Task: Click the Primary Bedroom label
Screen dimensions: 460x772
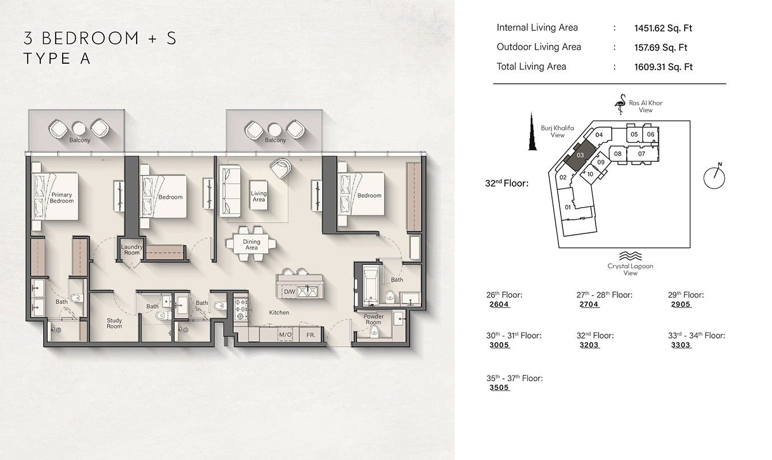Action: point(61,198)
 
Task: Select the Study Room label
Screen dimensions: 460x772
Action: point(114,323)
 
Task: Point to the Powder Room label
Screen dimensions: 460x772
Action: point(373,319)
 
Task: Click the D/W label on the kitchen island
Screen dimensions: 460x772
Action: point(289,292)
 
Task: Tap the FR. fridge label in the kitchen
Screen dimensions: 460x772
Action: point(310,335)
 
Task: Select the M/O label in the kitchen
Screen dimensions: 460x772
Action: point(285,335)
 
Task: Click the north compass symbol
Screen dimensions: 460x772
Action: point(714,176)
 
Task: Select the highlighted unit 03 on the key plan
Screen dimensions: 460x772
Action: point(580,155)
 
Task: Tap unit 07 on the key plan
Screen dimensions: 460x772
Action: point(641,154)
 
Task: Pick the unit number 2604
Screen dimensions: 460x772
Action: point(499,305)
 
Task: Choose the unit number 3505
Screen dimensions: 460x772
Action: point(499,388)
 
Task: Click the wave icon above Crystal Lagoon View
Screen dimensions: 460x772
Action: point(630,256)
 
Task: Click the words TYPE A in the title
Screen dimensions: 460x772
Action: point(57,58)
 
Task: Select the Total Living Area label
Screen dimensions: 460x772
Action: point(531,67)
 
